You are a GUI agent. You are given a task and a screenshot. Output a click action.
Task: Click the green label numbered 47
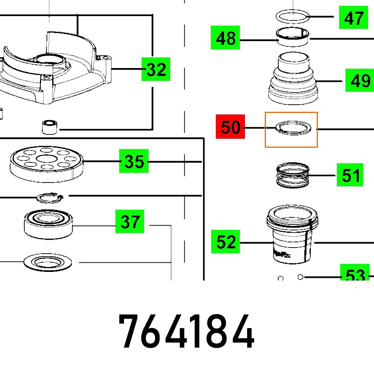353,17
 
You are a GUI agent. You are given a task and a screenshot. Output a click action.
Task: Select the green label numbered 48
225,38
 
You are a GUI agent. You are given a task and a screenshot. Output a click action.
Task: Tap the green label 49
359,80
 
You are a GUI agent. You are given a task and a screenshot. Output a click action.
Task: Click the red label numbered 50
230,127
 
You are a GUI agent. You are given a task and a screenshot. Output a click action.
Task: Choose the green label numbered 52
226,242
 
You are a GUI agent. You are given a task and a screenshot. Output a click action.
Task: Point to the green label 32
156,69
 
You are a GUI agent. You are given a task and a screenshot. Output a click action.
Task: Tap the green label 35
134,161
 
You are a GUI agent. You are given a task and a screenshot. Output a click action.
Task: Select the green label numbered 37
130,222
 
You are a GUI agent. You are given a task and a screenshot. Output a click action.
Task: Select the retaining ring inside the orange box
292,128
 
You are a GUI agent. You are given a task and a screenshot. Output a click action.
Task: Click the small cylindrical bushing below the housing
49,127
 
